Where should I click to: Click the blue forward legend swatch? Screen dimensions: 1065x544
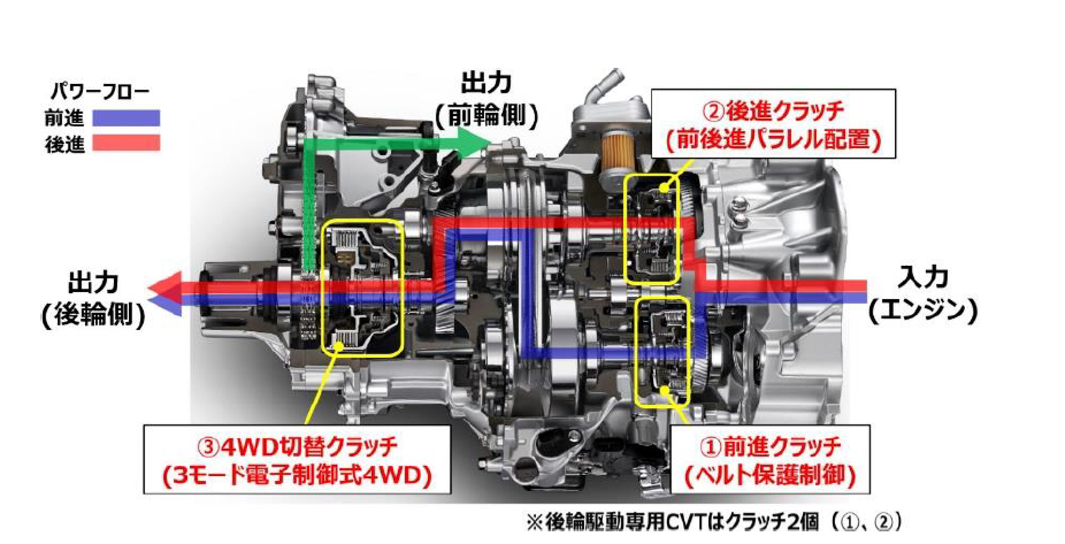tap(126, 118)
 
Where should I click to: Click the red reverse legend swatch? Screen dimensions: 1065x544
tap(126, 143)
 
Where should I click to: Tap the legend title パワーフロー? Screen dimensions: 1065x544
tap(100, 91)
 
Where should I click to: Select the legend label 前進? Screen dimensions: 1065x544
tap(64, 118)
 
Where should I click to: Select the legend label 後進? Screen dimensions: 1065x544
tap(64, 144)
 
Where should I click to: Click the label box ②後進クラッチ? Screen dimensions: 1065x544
tap(773, 124)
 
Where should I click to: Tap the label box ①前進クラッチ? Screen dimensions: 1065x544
tap(770, 460)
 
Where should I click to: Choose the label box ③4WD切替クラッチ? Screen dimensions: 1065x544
tap(297, 460)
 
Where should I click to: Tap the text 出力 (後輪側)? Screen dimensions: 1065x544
tap(93, 299)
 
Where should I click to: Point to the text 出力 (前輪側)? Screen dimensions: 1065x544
tap(486, 100)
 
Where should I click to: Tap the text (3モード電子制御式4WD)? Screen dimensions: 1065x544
tap(297, 475)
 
